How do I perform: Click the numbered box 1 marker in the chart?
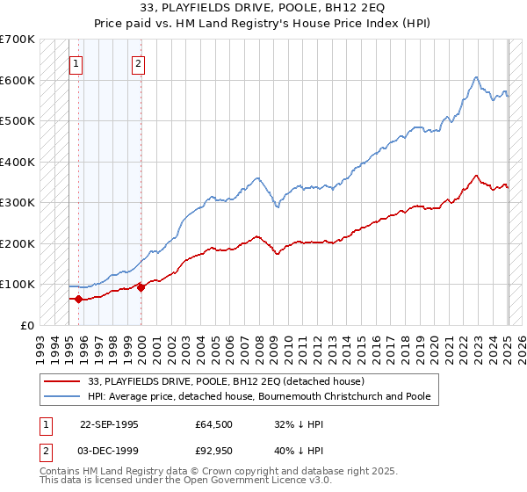(76, 63)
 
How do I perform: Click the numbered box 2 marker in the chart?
(139, 63)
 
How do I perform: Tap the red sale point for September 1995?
(79, 299)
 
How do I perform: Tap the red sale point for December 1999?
(141, 287)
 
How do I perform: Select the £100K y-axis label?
(18, 284)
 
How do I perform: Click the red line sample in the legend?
(61, 380)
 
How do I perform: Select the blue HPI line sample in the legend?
(61, 396)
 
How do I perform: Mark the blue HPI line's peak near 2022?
(475, 77)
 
